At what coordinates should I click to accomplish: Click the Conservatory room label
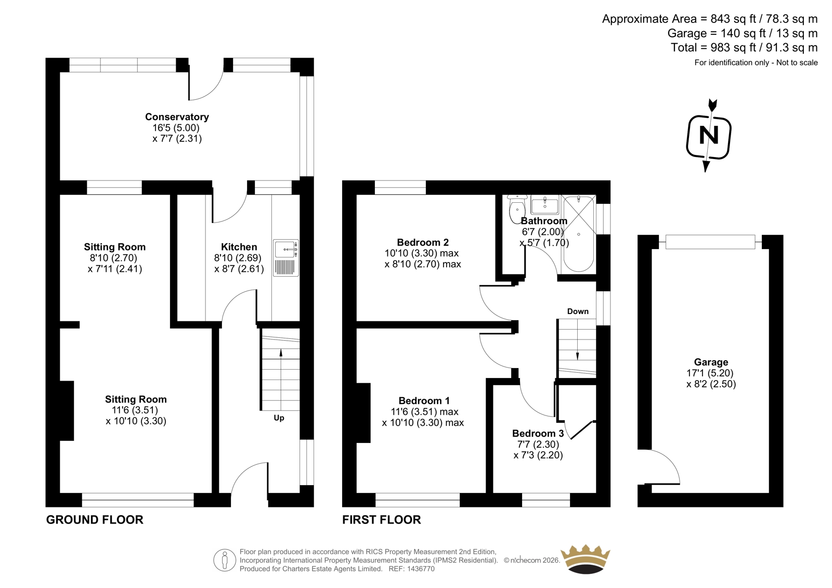[177, 117]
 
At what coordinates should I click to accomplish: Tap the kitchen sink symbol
[285, 258]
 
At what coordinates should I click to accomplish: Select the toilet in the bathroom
[517, 209]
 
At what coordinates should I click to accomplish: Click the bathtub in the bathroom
[579, 233]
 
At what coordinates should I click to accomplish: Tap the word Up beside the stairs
[279, 418]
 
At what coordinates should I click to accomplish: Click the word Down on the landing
[578, 311]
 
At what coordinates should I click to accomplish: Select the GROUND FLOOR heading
[95, 520]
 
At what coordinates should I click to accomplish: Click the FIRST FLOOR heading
[382, 520]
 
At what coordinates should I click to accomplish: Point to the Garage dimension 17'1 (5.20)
[711, 373]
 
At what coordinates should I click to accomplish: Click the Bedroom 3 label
[538, 434]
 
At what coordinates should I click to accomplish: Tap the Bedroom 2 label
[423, 243]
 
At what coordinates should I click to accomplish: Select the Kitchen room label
[239, 247]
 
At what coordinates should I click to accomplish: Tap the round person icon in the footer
[225, 560]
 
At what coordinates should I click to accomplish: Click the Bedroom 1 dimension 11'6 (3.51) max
[424, 412]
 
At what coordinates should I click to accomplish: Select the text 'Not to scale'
[797, 62]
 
